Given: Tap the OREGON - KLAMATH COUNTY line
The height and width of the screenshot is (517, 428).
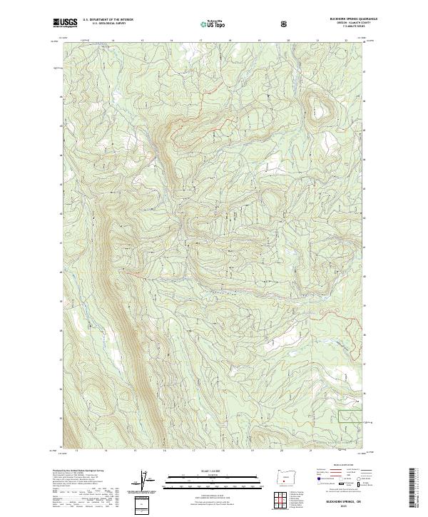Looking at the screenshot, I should (x=348, y=24).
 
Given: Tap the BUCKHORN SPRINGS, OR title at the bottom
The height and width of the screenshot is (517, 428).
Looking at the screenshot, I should (x=345, y=501).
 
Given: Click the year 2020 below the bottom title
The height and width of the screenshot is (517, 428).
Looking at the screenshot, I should (x=345, y=506).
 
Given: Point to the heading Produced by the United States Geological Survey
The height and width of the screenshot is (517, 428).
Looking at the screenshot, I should (x=78, y=471).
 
